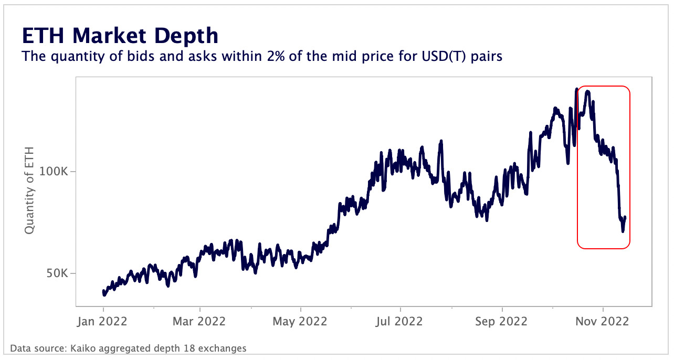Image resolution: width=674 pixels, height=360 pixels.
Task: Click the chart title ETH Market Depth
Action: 120,36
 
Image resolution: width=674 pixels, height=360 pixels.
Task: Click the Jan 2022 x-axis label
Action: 103,321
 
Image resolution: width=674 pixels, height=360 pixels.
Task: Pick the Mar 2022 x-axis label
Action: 199,321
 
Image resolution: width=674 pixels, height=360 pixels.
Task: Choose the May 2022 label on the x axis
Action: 300,321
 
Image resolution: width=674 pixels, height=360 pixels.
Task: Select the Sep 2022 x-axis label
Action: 502,321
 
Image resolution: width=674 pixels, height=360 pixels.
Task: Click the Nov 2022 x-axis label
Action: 603,321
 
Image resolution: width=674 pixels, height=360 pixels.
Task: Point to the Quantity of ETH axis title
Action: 29,190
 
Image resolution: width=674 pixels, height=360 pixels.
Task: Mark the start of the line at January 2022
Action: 103,292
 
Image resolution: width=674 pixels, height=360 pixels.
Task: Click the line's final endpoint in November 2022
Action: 625,217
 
